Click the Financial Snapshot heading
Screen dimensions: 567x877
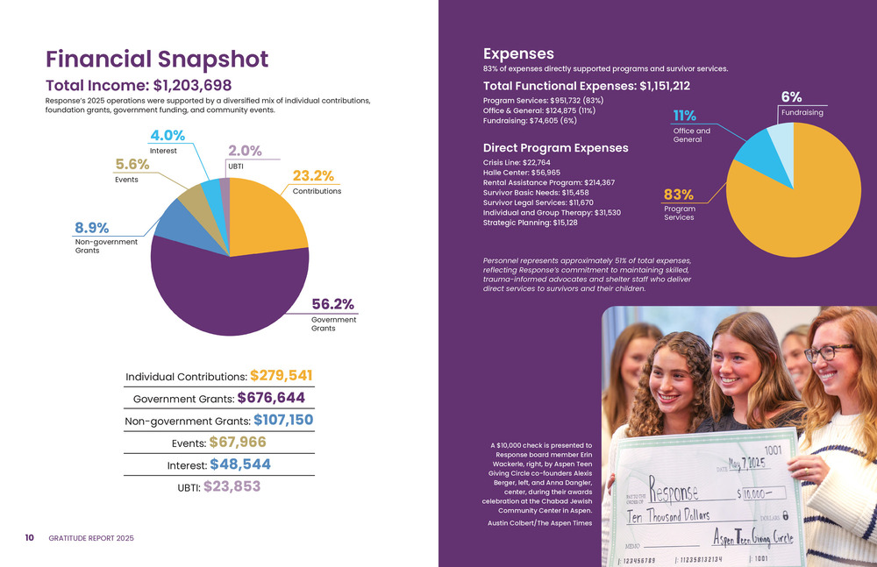click(x=157, y=60)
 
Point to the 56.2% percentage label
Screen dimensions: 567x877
click(x=333, y=304)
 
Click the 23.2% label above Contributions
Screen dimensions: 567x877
click(x=313, y=175)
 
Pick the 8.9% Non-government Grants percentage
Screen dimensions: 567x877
click(x=91, y=228)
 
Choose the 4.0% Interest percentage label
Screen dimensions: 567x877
click(x=168, y=135)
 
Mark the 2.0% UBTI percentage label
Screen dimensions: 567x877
click(x=245, y=150)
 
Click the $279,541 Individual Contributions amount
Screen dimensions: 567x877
click(x=281, y=375)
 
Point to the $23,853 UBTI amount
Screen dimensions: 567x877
click(x=232, y=485)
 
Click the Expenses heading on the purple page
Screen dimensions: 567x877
click(x=518, y=53)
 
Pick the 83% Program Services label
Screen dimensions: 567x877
click(x=679, y=194)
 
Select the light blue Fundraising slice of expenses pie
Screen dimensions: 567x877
click(x=781, y=139)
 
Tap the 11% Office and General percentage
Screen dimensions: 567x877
click(x=684, y=116)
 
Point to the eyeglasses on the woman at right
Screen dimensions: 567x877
click(x=828, y=352)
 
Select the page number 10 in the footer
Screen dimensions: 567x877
click(x=29, y=537)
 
